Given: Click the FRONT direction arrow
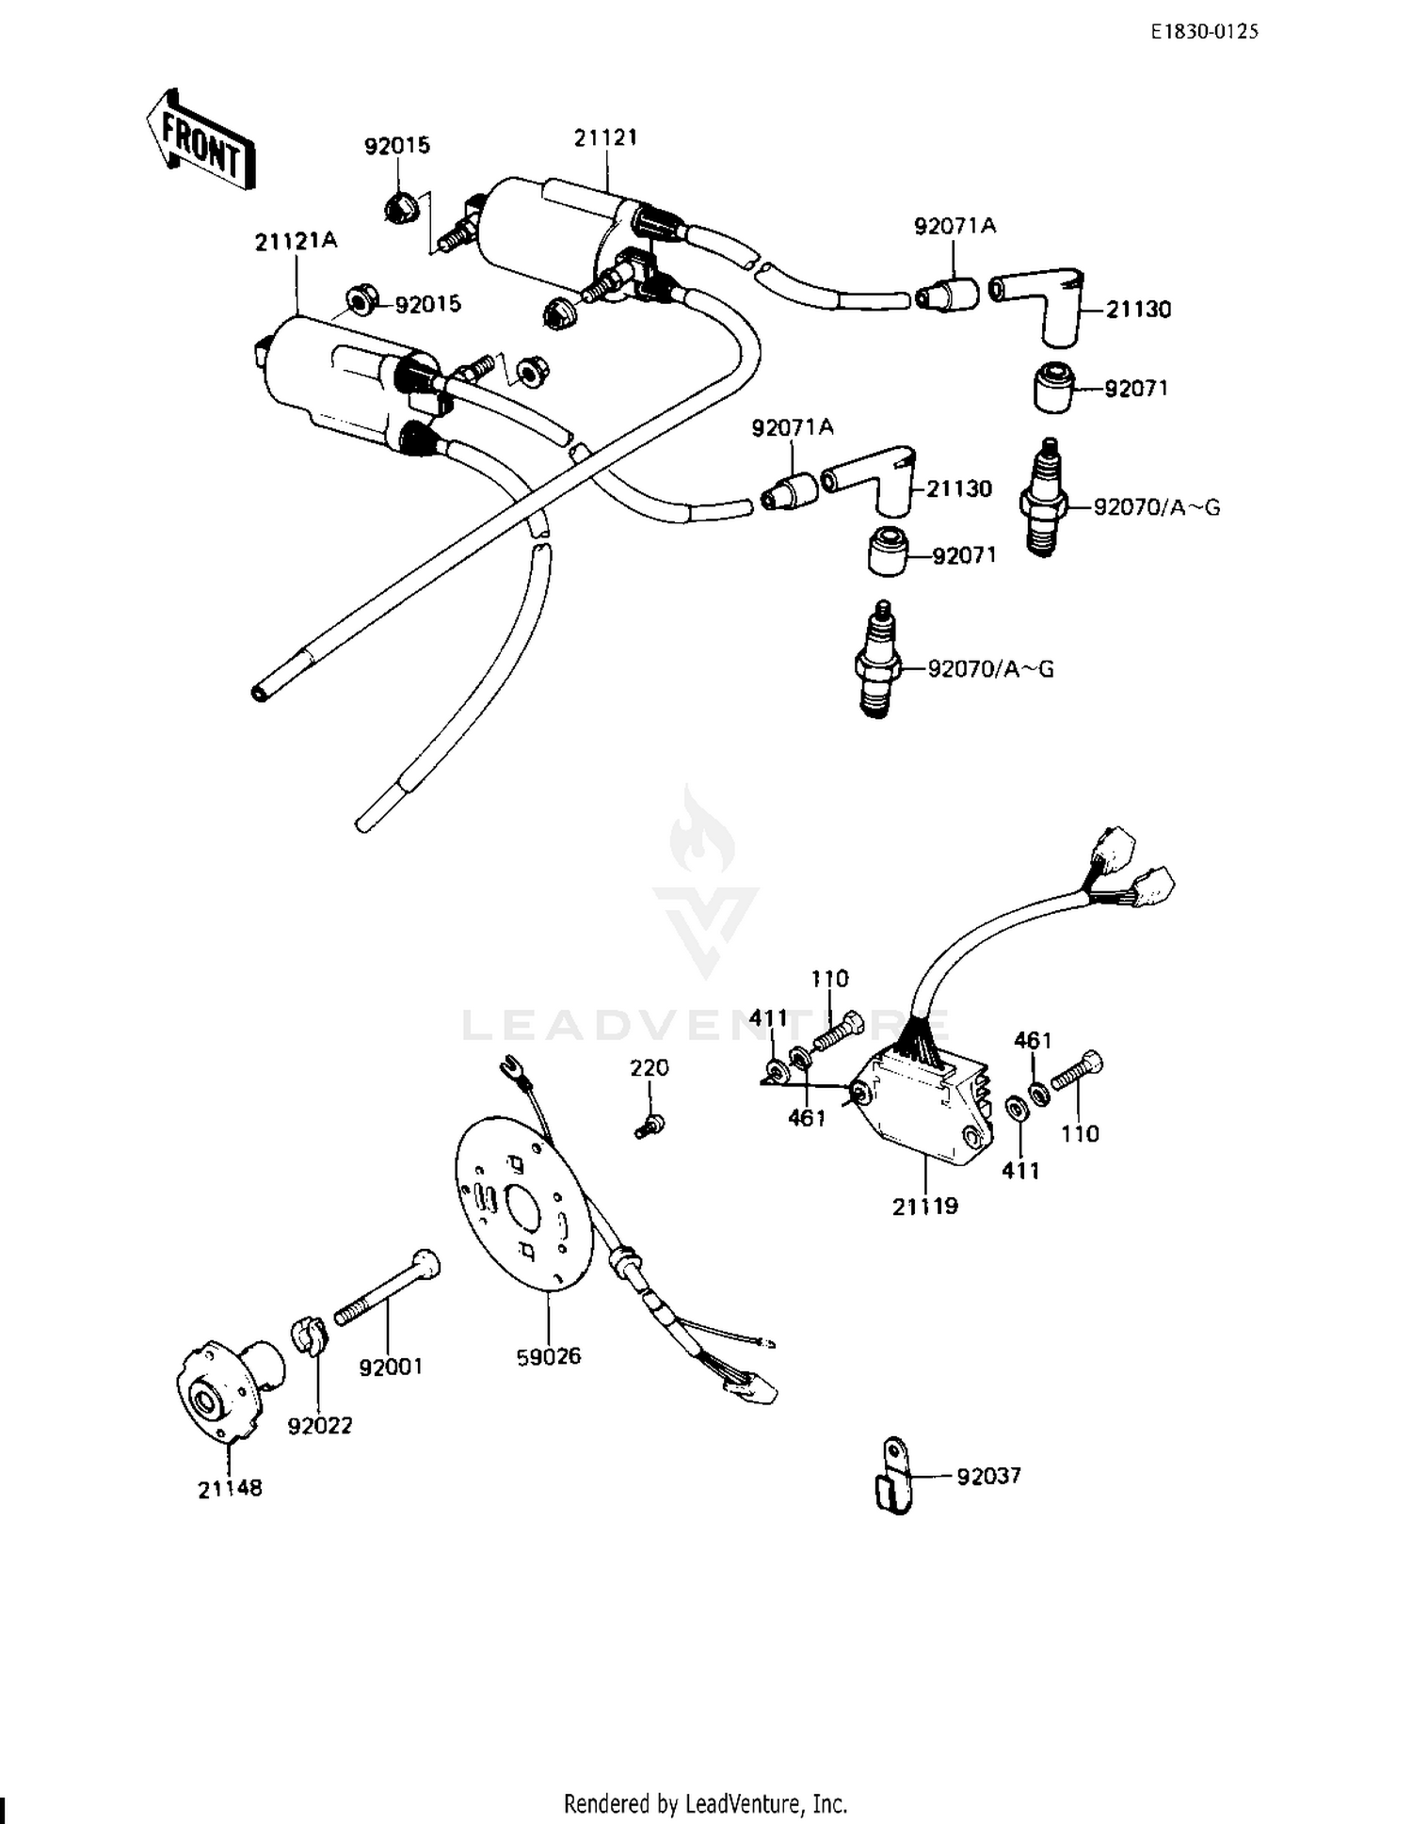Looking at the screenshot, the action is coord(200,141).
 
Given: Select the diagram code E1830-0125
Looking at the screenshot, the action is coord(1205,32).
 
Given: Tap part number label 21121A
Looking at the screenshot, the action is coord(296,241).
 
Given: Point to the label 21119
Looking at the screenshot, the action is coord(925,1207).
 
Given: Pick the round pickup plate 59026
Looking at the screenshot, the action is coord(523,1200).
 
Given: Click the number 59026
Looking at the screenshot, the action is coord(549,1356).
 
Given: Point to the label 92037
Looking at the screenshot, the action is coord(988,1476).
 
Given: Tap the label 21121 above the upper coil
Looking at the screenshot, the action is coord(606,137).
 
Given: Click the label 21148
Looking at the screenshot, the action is coord(230,1489).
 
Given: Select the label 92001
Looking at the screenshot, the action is coord(391,1367).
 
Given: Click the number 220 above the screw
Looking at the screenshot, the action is coord(650,1068).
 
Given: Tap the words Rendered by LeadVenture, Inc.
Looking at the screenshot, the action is coord(705,1803).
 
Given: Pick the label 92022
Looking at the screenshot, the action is coord(320,1426).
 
